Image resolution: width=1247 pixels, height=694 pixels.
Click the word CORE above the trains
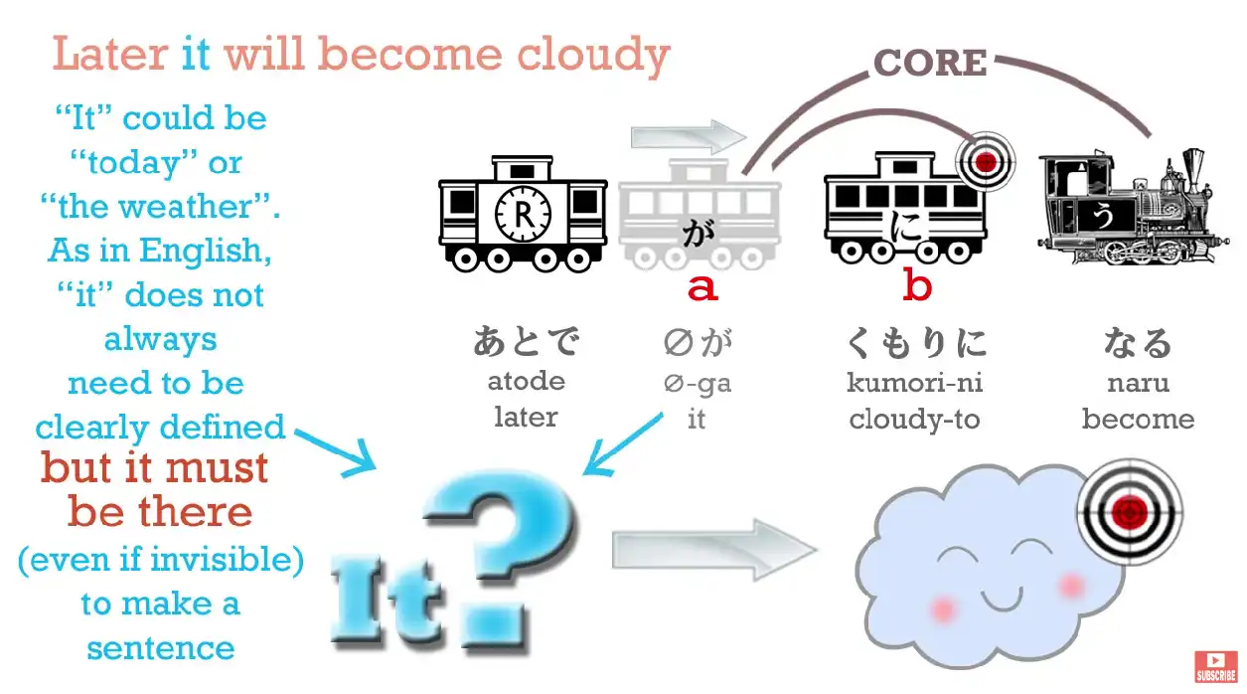click(930, 63)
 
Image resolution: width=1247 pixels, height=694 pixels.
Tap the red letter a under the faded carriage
click(702, 287)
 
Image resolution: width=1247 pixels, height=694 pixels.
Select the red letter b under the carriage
click(917, 287)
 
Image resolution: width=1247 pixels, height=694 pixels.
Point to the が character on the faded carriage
click(695, 235)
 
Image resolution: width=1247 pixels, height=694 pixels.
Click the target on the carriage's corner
click(984, 160)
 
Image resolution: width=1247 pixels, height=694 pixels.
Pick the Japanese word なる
click(1138, 343)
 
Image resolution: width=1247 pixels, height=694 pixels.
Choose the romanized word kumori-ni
click(915, 382)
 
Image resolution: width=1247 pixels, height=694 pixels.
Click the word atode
click(526, 381)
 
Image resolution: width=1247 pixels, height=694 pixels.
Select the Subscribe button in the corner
click(1215, 666)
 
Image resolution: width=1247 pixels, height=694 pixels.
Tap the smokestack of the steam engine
click(1191, 169)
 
